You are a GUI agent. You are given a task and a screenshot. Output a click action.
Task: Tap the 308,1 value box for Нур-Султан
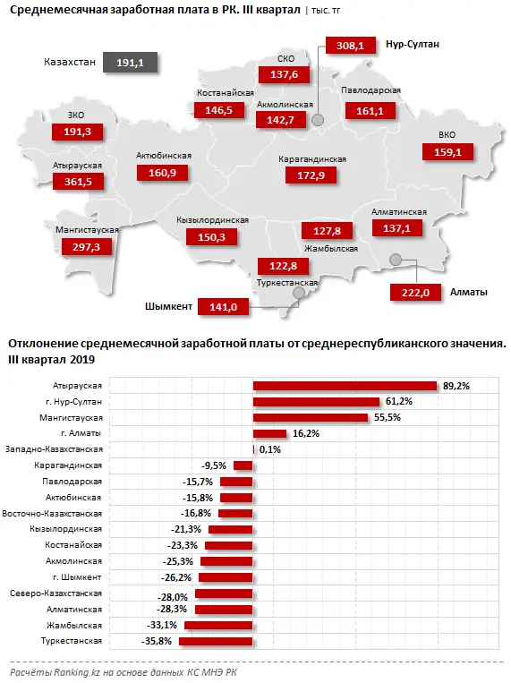[347, 45]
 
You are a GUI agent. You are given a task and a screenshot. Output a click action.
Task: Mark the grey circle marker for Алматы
[395, 260]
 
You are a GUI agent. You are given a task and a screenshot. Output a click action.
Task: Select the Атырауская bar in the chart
[345, 386]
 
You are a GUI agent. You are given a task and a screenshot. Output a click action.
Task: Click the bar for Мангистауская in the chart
[311, 417]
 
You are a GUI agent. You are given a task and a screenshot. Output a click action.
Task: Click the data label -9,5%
[215, 465]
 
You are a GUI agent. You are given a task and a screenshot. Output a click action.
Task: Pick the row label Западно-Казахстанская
[55, 449]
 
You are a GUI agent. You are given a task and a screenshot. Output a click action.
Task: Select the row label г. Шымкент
[79, 577]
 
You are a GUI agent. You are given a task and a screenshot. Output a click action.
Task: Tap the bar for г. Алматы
[269, 433]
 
